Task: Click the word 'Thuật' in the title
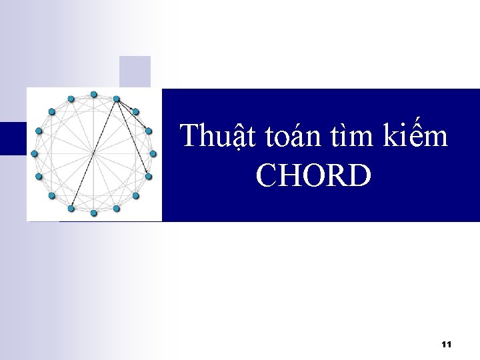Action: (213, 137)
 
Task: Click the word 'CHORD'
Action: (313, 176)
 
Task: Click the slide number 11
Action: (447, 344)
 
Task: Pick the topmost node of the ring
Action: (93, 94)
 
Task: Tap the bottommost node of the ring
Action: (93, 213)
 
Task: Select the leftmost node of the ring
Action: (34, 154)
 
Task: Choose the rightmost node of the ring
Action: (153, 154)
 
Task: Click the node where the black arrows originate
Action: (116, 99)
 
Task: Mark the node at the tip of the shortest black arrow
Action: (135, 111)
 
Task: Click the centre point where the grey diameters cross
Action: (93, 154)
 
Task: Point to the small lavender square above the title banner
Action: (135, 71)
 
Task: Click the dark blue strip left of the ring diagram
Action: (13, 138)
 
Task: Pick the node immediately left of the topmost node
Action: (71, 99)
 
